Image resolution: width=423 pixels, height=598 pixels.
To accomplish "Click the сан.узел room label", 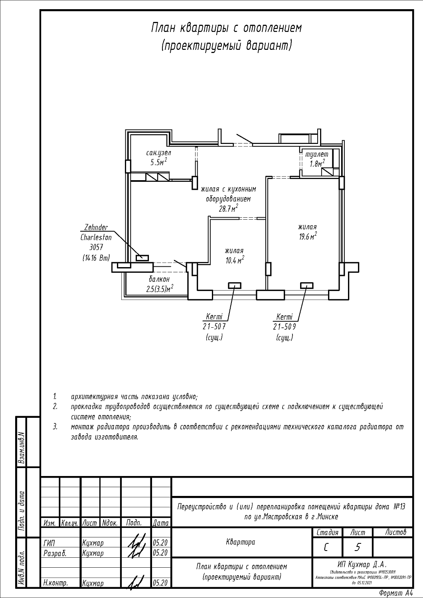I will pyautogui.click(x=159, y=153).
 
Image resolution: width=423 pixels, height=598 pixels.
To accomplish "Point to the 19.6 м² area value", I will pyautogui.click(x=308, y=236).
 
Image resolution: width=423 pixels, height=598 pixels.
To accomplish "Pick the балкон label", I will pyautogui.click(x=160, y=279).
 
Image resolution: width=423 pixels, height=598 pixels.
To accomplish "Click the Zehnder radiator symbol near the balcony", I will pyautogui.click(x=142, y=258).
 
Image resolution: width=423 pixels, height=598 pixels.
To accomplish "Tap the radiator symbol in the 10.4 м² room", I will pyautogui.click(x=234, y=285).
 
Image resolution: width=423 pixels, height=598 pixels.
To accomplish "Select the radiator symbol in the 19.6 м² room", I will pyautogui.click(x=306, y=285).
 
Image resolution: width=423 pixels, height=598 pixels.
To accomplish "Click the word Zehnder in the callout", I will pyautogui.click(x=96, y=228).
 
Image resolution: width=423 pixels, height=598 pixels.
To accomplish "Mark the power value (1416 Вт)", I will pyautogui.click(x=96, y=258).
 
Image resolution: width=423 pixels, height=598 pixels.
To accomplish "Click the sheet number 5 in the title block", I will pyautogui.click(x=357, y=547).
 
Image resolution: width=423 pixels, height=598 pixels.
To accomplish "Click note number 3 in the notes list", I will pyautogui.click(x=55, y=427).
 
